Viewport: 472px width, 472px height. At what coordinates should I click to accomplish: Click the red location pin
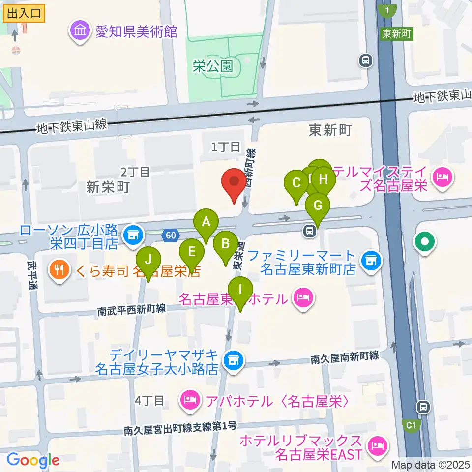coord(235,183)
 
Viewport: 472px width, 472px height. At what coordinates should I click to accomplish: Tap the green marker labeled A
coord(206,223)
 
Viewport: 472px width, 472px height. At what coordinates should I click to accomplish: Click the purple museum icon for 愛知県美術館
coord(79,31)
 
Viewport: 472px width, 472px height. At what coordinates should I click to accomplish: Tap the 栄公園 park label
coord(212,66)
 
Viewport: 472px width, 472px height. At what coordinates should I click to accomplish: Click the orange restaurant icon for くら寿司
coord(59,269)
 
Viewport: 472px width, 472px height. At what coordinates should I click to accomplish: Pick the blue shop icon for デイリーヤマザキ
coord(233,360)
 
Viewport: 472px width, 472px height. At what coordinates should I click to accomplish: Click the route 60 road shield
coord(170,236)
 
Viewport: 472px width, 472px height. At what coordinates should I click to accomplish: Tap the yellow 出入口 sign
coord(24,14)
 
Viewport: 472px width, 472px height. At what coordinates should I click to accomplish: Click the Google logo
coord(33,460)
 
